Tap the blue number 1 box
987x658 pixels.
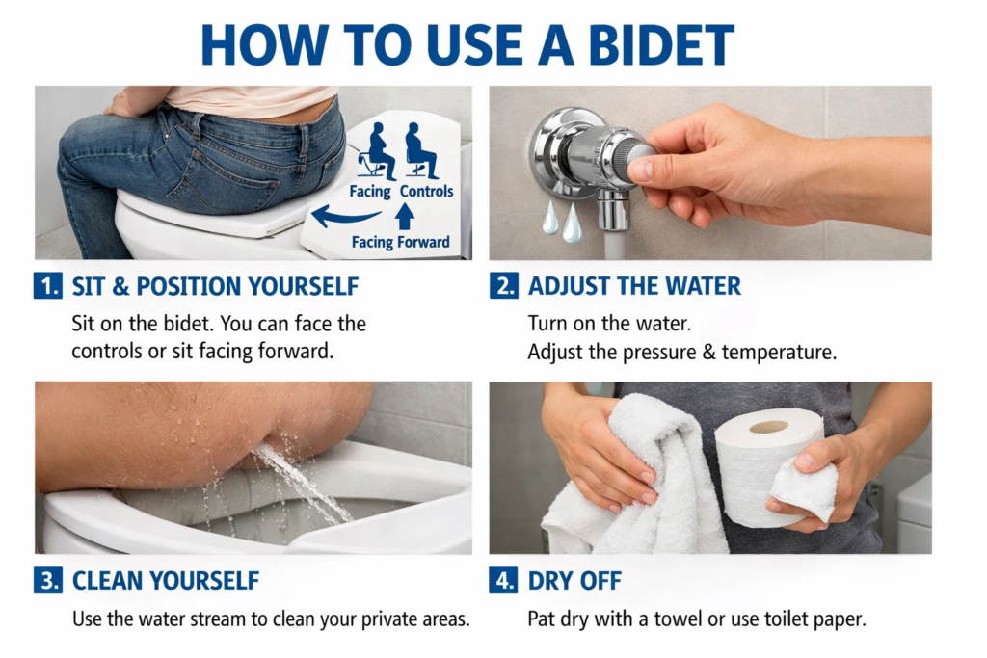coord(46,286)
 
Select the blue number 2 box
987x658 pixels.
coord(502,286)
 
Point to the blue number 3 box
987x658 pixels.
coord(46,580)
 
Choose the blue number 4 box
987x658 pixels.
coord(502,580)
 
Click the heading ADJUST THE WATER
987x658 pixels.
coord(634,286)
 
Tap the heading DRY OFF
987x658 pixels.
coord(575,580)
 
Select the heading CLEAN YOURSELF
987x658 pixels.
coord(165,580)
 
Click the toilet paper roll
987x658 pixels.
coord(767,467)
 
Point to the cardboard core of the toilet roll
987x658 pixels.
coord(768,426)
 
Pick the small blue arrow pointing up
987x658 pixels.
coord(404,215)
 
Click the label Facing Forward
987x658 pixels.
coord(400,242)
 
